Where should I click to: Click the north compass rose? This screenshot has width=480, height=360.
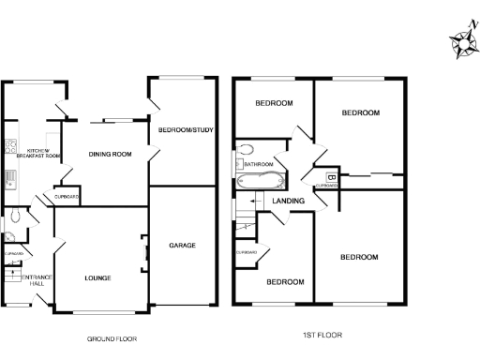tap(462, 41)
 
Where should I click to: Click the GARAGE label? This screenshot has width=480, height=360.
tap(182, 246)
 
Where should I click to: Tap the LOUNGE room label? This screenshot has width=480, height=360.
tap(97, 278)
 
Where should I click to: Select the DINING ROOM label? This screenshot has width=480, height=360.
tap(109, 154)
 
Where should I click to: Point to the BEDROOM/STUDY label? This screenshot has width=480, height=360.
tap(185, 129)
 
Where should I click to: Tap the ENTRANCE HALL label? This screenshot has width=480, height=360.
tap(37, 279)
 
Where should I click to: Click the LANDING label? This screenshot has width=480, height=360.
tap(287, 201)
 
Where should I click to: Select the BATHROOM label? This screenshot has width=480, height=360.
tap(259, 164)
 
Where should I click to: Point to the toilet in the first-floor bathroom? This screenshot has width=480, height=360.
tap(246, 149)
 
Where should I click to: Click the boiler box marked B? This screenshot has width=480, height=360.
tap(330, 176)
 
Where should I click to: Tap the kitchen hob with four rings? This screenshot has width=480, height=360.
tap(10, 146)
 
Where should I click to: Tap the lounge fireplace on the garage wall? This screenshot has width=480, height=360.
tap(143, 247)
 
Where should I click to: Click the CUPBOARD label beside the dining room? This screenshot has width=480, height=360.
tap(66, 197)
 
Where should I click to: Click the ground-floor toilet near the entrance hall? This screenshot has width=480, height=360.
tap(7, 237)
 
